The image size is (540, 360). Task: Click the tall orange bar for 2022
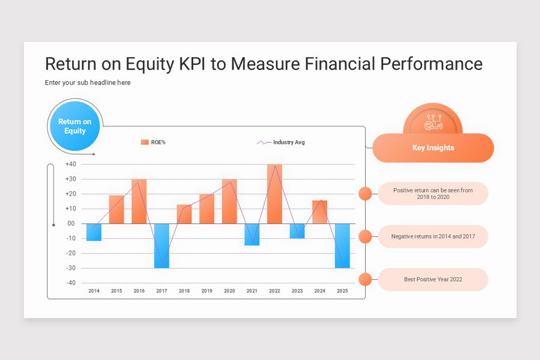point(274,194)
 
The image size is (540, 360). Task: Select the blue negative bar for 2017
point(162,246)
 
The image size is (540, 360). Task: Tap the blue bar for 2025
point(342,246)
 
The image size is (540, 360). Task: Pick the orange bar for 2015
point(116,209)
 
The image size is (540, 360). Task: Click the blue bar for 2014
point(94,232)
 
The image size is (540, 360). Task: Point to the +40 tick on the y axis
point(71,164)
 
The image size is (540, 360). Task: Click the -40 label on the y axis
point(71,283)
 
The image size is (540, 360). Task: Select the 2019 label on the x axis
point(207,291)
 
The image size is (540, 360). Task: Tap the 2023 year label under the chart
point(297,291)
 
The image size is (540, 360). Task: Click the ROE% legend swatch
point(144,142)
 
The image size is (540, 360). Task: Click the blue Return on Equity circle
point(75,126)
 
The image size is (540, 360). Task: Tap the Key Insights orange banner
point(433,148)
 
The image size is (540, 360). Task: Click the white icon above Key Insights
point(433,121)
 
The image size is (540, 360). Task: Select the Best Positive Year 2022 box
point(433,279)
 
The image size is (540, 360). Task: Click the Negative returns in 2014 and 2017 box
point(433,236)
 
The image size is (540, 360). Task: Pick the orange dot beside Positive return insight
point(365,193)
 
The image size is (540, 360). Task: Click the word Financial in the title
point(340,64)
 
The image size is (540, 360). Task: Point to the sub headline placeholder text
point(88,83)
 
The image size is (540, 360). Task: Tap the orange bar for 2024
point(319,212)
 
